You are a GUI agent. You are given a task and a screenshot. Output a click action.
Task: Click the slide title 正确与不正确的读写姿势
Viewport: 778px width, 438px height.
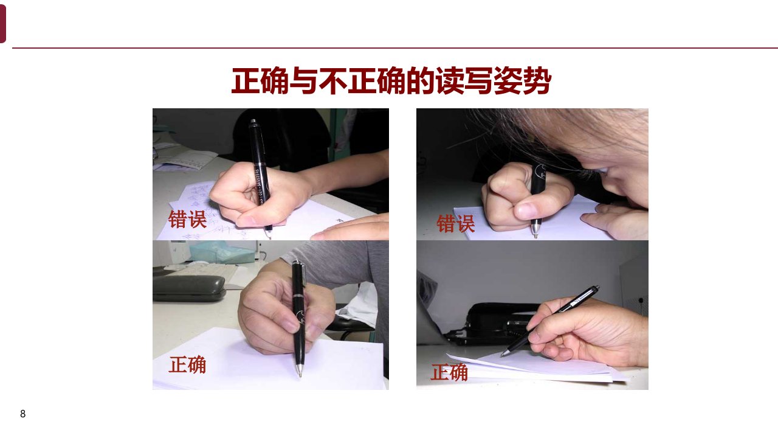point(391,81)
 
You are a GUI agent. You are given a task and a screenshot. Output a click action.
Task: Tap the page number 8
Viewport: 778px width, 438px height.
point(23,414)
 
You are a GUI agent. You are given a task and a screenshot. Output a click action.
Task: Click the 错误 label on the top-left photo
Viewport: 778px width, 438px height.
point(187,219)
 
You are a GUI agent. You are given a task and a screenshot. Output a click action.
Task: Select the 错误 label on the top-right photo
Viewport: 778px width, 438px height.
point(455,223)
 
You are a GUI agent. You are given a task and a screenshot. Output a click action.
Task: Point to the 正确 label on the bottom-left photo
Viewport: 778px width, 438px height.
point(187,364)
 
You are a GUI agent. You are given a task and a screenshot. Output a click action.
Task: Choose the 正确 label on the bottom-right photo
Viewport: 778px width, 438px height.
point(449,372)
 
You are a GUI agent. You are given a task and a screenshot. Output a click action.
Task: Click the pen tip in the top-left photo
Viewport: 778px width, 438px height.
point(269,237)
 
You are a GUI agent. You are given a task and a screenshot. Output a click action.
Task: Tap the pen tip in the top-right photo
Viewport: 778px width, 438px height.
point(535,235)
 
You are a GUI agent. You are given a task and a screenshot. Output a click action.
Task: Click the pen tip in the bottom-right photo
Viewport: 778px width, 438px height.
point(502,355)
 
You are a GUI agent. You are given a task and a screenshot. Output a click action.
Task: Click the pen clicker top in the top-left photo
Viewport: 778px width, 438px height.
point(253,121)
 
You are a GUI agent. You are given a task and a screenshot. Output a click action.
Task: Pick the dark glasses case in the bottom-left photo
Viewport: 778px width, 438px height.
point(189,288)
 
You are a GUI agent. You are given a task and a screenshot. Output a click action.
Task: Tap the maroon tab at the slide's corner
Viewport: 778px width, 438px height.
point(2,24)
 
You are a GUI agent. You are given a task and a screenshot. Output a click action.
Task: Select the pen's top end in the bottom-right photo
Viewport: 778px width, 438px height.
point(597,287)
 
